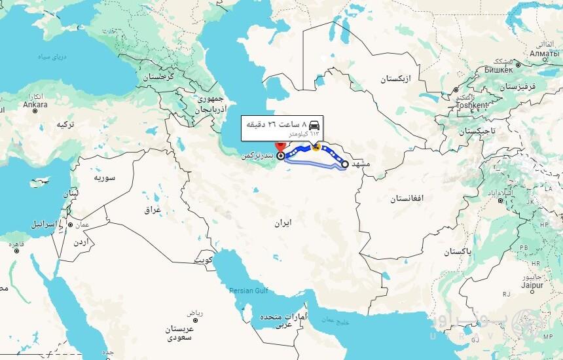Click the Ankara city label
(35, 103)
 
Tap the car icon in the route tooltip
(314, 124)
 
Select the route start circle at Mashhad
(345, 164)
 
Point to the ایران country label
(282, 223)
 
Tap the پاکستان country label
(457, 252)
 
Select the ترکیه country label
(65, 124)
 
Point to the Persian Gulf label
(248, 290)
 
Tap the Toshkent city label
(471, 105)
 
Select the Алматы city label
(544, 53)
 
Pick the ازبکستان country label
(397, 79)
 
